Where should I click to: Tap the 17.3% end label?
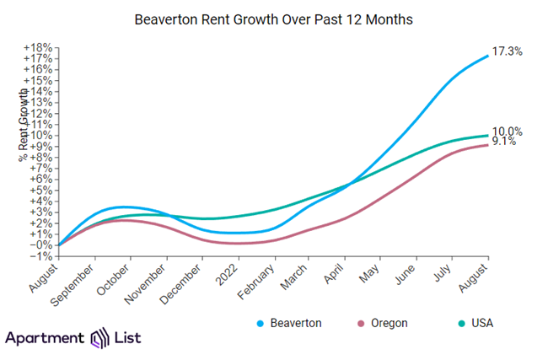[507, 51]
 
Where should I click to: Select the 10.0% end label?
[508, 131]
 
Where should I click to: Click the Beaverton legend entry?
[290, 323]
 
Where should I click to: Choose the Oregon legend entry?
[385, 323]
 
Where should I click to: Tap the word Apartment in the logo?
[44, 338]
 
